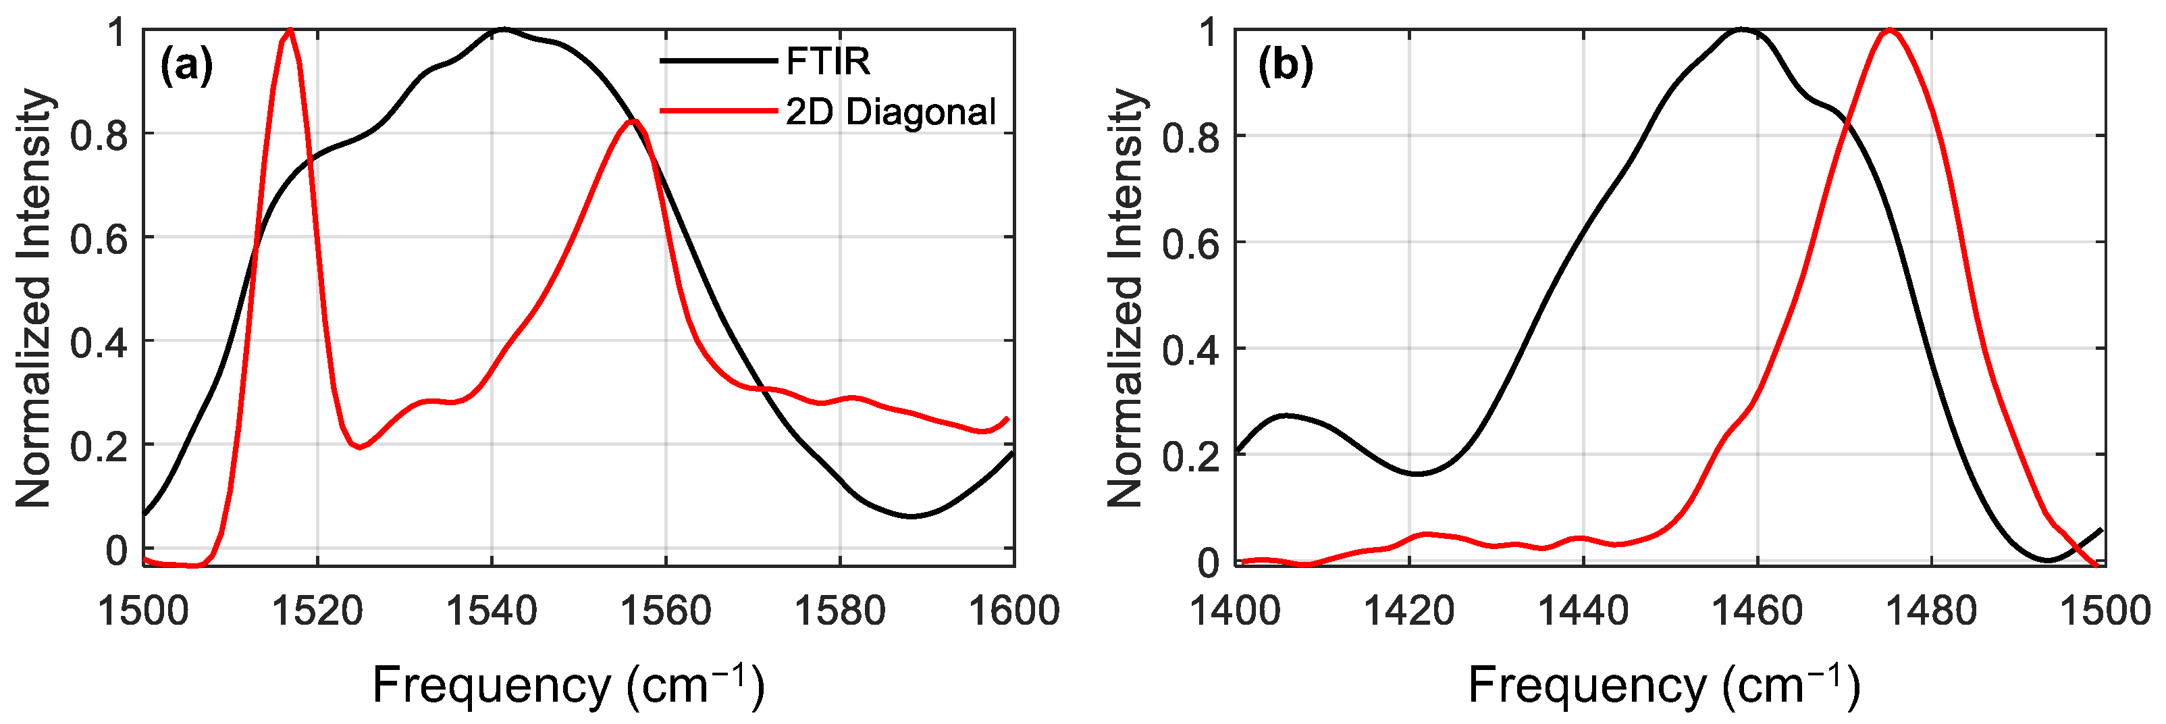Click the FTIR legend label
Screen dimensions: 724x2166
coord(827,61)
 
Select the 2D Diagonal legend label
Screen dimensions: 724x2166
coord(891,112)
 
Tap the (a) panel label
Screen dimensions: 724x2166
coord(186,66)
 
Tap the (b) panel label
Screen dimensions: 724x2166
coord(1285,66)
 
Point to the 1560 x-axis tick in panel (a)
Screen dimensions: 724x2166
coord(666,611)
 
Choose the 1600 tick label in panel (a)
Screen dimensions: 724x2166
coord(1014,611)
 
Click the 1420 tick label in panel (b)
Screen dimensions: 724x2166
coord(1409,611)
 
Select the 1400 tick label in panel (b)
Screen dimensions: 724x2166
coord(1234,611)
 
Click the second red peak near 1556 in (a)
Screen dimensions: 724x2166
coord(635,121)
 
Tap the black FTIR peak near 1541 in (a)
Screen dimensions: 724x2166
coord(503,30)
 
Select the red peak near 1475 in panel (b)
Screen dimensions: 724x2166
coord(1889,30)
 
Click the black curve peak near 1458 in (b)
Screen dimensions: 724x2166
coord(1741,30)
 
